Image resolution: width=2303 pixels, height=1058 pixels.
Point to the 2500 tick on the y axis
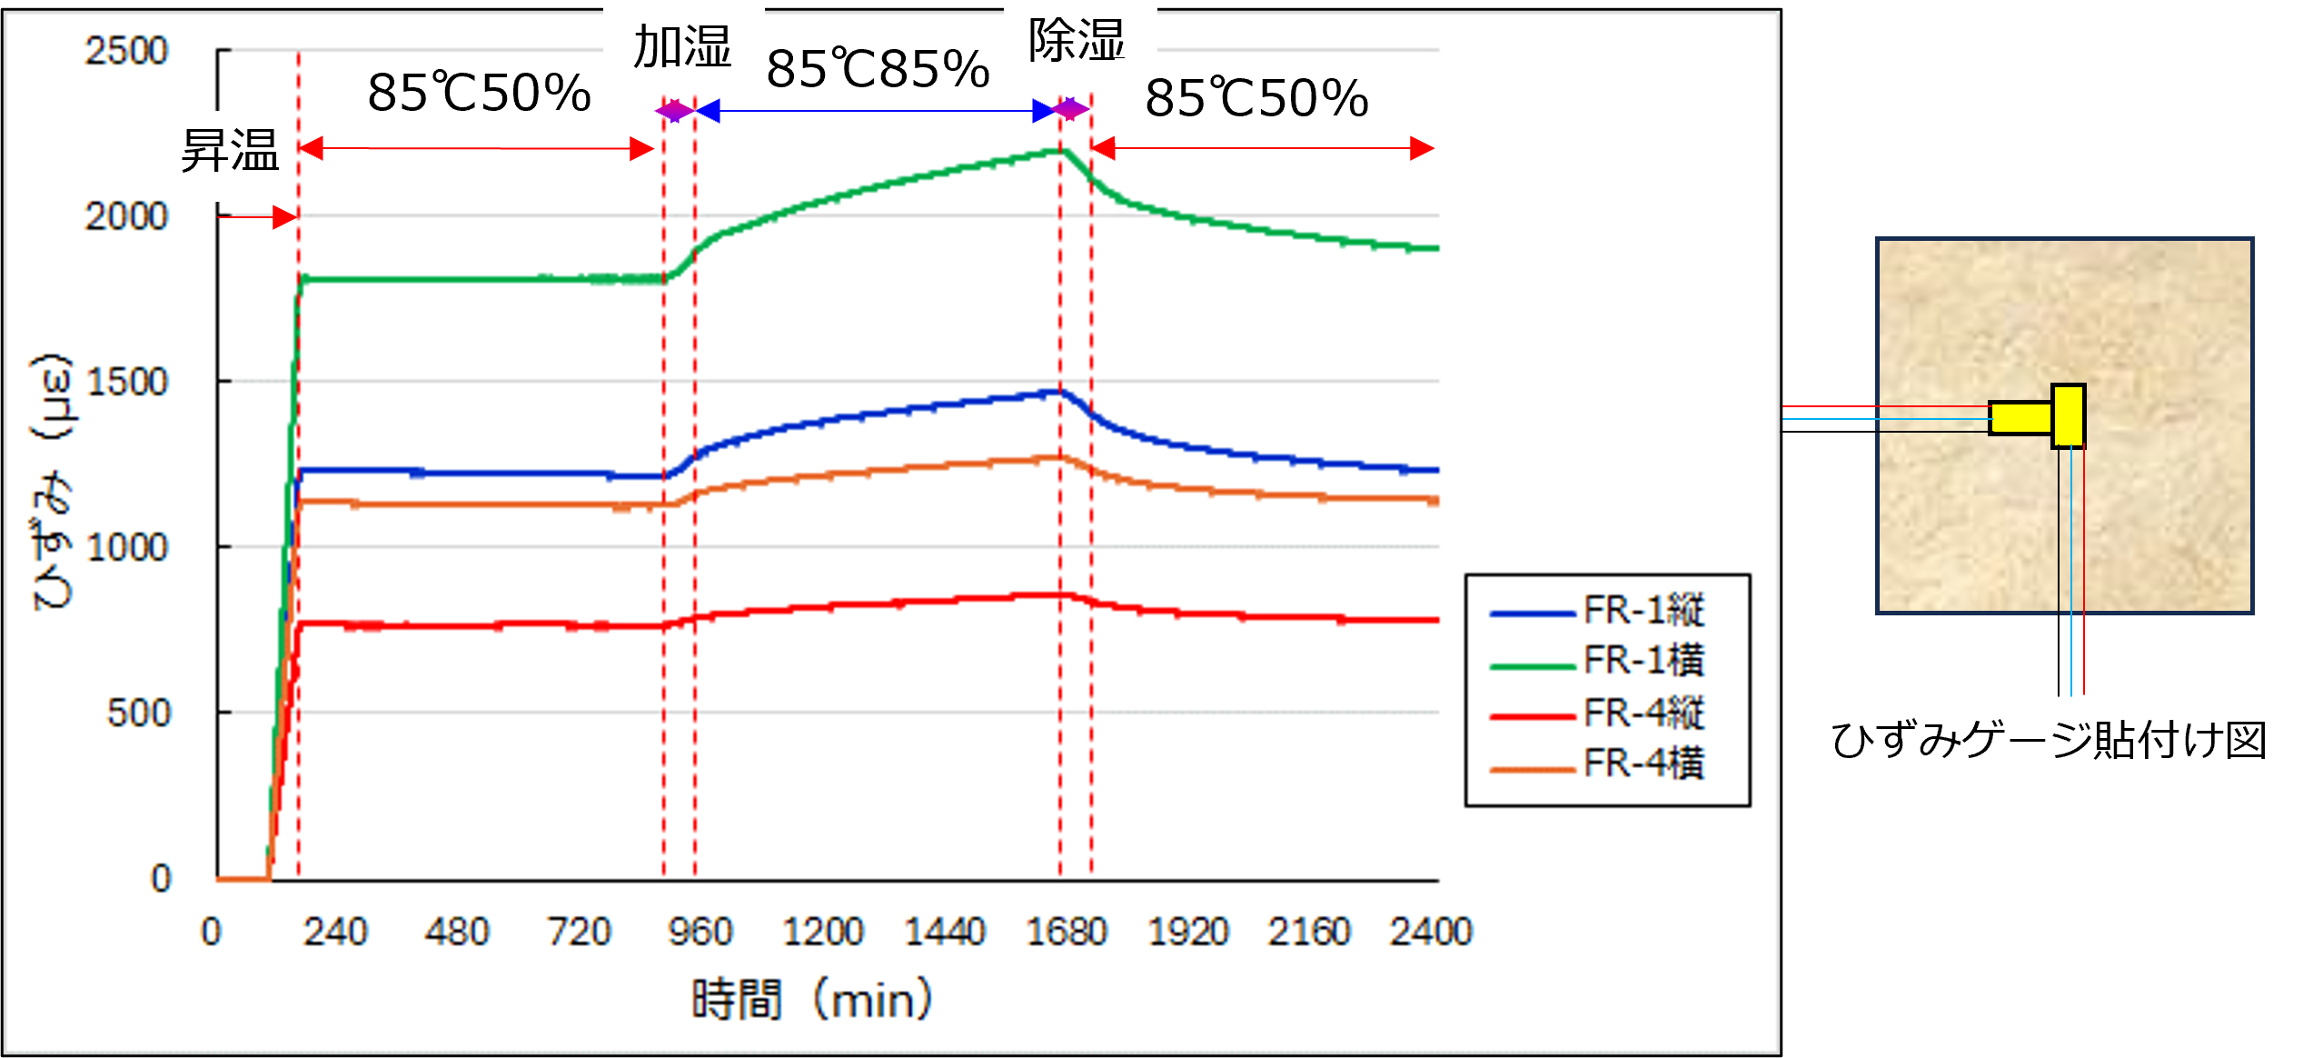coord(126,51)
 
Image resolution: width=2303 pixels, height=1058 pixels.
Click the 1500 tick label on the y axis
coord(126,383)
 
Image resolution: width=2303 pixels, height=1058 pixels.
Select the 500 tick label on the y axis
coord(138,714)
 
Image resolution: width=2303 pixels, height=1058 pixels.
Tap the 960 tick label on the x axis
coord(700,933)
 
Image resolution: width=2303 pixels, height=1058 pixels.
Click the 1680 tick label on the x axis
coord(1067,933)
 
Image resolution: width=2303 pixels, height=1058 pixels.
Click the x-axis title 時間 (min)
coord(811,1000)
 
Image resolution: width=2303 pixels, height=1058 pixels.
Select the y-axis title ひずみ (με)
coord(52,482)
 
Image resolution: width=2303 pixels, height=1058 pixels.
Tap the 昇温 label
coord(230,151)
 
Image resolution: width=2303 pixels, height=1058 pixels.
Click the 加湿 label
coord(682,46)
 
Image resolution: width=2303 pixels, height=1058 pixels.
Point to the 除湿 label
coord(1077,41)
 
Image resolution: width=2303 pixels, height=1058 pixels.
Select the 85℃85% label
coord(878,69)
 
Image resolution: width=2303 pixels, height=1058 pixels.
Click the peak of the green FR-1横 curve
coord(1059,150)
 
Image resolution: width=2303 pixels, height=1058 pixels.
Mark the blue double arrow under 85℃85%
coord(878,111)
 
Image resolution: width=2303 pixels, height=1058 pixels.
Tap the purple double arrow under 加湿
coord(675,111)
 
